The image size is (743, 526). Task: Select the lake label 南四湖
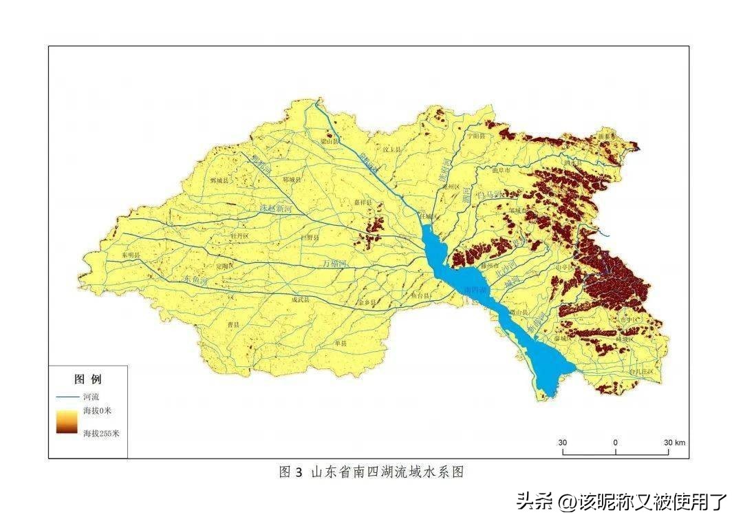[x=475, y=288]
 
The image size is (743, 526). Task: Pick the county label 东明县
[x=130, y=255]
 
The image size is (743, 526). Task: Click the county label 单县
[x=340, y=342]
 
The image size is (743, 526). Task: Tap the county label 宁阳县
[x=475, y=136]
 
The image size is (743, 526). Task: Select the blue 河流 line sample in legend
[x=68, y=397]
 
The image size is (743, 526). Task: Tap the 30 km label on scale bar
[x=674, y=442]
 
